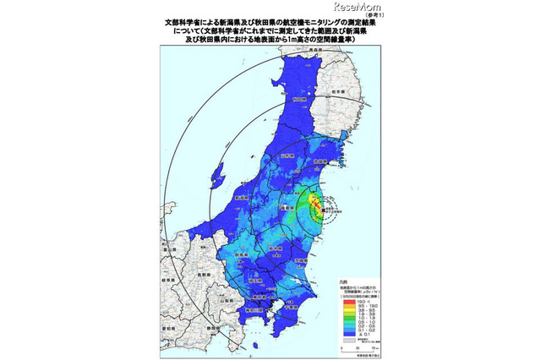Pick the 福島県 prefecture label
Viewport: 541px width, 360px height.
(287, 205)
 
